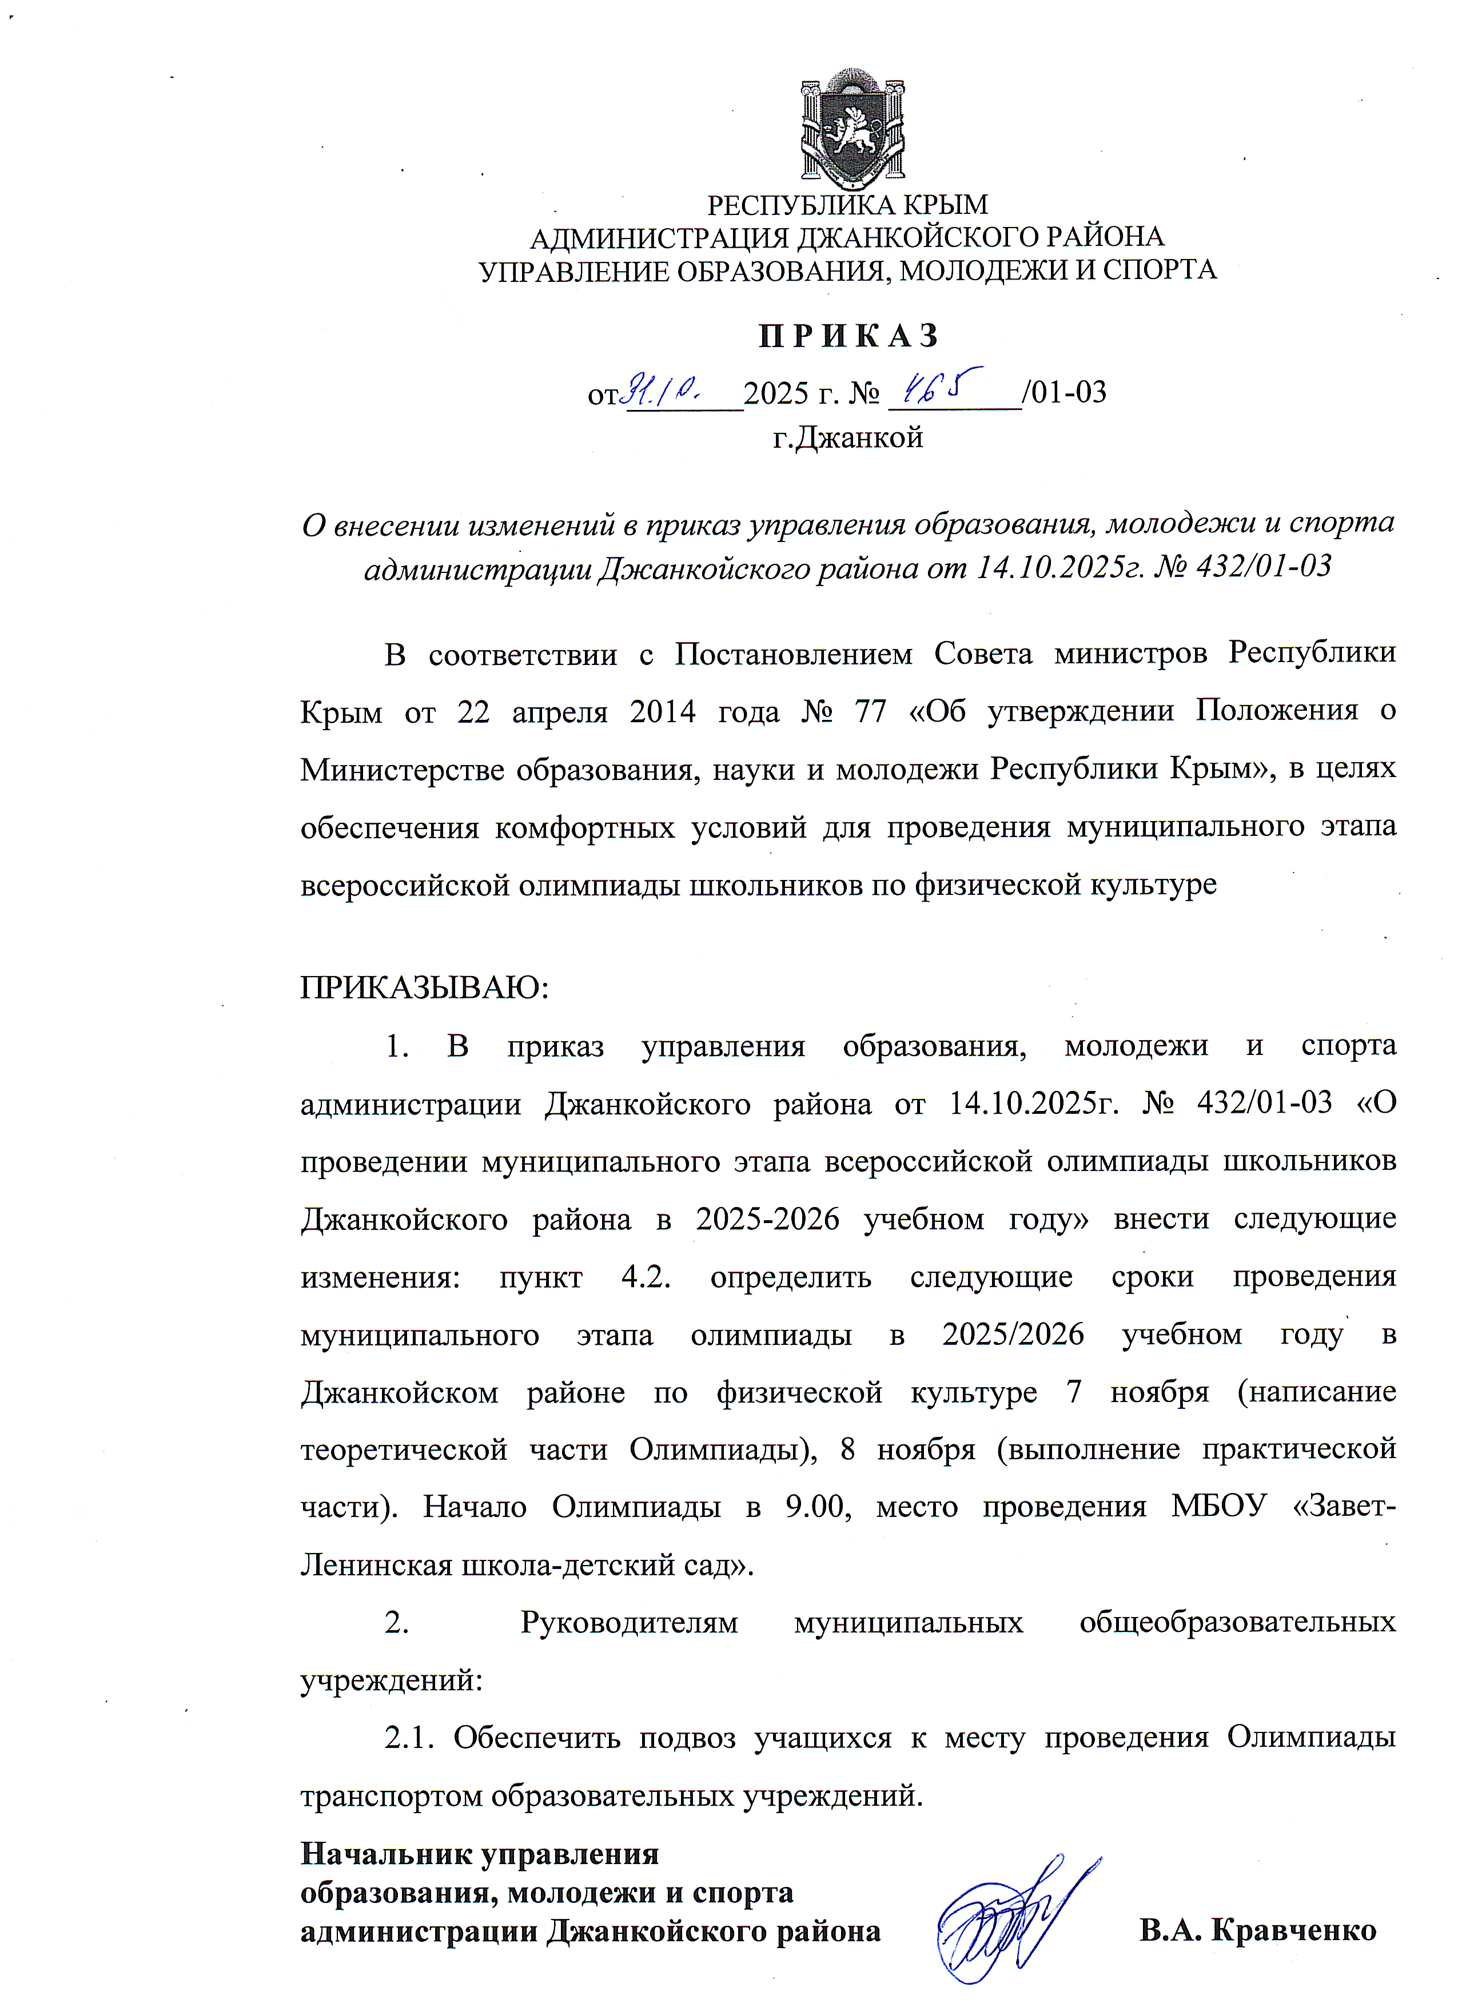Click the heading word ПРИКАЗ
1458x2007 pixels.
point(848,336)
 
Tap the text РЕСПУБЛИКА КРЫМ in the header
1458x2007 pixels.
point(847,205)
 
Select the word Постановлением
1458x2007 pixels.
point(792,654)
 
